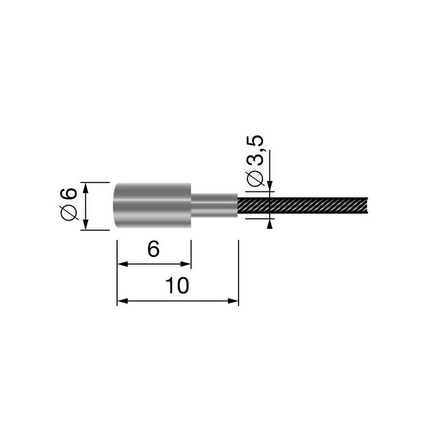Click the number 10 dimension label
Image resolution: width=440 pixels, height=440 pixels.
pos(178,285)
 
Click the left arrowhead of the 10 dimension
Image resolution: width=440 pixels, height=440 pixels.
pos(122,301)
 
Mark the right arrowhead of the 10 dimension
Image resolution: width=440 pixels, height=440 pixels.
pos(234,301)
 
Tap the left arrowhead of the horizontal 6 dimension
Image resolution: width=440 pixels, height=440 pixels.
pos(122,265)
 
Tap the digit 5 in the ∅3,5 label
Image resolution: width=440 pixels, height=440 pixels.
pos(258,142)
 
